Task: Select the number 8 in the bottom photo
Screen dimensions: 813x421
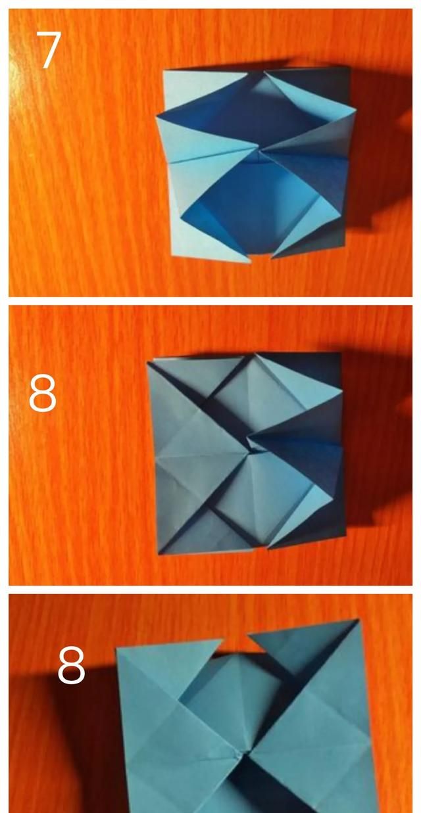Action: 71,665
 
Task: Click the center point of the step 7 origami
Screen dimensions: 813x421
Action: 257,155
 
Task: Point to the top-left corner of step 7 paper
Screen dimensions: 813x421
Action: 164,70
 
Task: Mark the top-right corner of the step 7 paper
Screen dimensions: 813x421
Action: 349,68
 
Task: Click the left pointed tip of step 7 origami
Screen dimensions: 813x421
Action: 157,118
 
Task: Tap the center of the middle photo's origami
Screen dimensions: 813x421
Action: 249,452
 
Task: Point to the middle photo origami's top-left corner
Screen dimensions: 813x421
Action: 150,360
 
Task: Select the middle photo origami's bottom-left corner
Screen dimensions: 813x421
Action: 159,553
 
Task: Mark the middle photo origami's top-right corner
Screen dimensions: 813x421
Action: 341,354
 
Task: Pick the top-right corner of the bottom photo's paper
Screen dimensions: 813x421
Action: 359,620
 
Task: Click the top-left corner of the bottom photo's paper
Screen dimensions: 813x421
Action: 117,648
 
